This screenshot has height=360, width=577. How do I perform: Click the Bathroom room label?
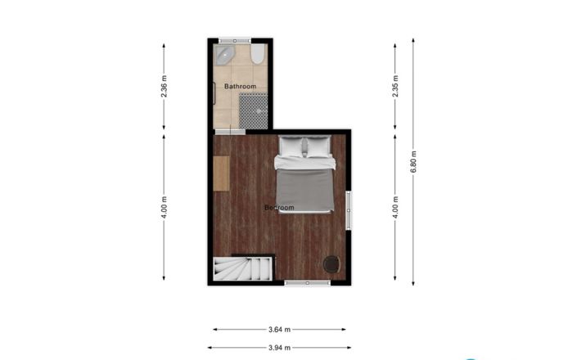pyautogui.click(x=240, y=87)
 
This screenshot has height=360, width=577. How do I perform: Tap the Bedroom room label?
pyautogui.click(x=279, y=208)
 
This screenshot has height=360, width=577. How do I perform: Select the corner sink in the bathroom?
pyautogui.click(x=224, y=55)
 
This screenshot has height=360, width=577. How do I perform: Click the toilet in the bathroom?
pyautogui.click(x=257, y=55)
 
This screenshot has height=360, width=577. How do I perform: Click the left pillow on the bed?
pyautogui.click(x=291, y=147)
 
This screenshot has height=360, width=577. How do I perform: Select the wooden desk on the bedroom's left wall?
pyautogui.click(x=221, y=173)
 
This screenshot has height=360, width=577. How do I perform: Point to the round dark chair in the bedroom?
pyautogui.click(x=331, y=263)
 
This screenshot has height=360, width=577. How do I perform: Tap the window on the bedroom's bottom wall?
pyautogui.click(x=307, y=282)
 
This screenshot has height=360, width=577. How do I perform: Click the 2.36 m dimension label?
pyautogui.click(x=165, y=88)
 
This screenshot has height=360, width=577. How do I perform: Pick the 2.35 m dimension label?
pyautogui.click(x=395, y=88)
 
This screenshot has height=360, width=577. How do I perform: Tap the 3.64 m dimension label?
pyautogui.click(x=279, y=330)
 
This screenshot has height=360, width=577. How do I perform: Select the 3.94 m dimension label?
pyautogui.click(x=279, y=347)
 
